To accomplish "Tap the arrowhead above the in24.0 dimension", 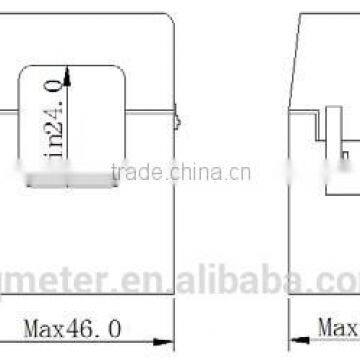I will coord(67,68).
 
